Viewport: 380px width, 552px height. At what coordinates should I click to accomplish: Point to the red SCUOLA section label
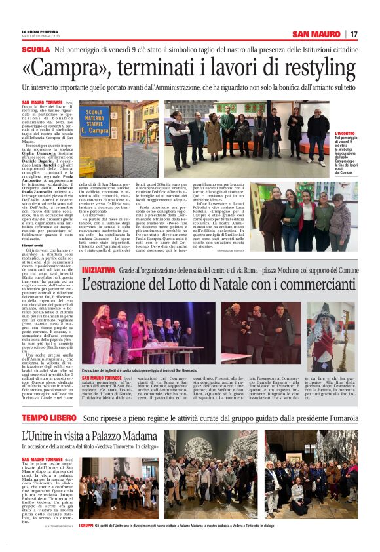pyautogui.click(x=35, y=50)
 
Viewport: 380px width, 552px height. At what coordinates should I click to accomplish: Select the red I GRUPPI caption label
pyautogui.click(x=86, y=525)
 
